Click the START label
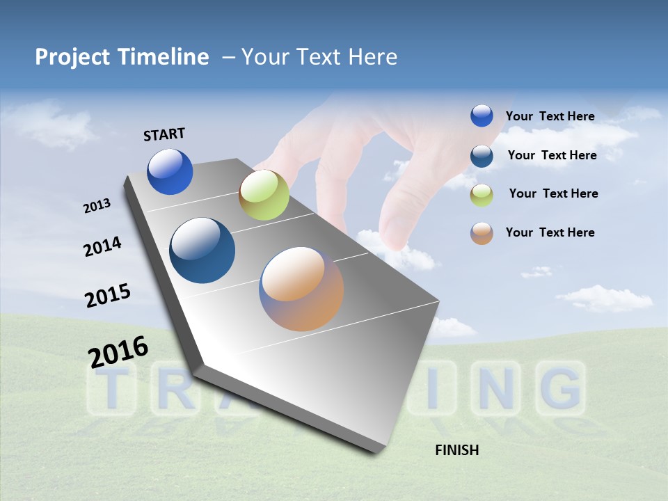point(164,134)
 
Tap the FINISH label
point(456,450)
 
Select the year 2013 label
point(97,206)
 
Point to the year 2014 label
point(102,247)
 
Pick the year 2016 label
point(118,351)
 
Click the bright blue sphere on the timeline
point(170,171)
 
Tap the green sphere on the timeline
point(264,195)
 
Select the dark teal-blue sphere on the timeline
point(202,250)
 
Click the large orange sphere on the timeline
point(301,288)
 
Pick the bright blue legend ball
point(482,116)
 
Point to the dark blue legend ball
point(482,156)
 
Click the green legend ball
point(482,195)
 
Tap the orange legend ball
point(482,233)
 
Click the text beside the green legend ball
point(553,193)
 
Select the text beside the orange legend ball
point(550,232)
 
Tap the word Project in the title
point(72,57)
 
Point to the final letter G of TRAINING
point(561,388)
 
